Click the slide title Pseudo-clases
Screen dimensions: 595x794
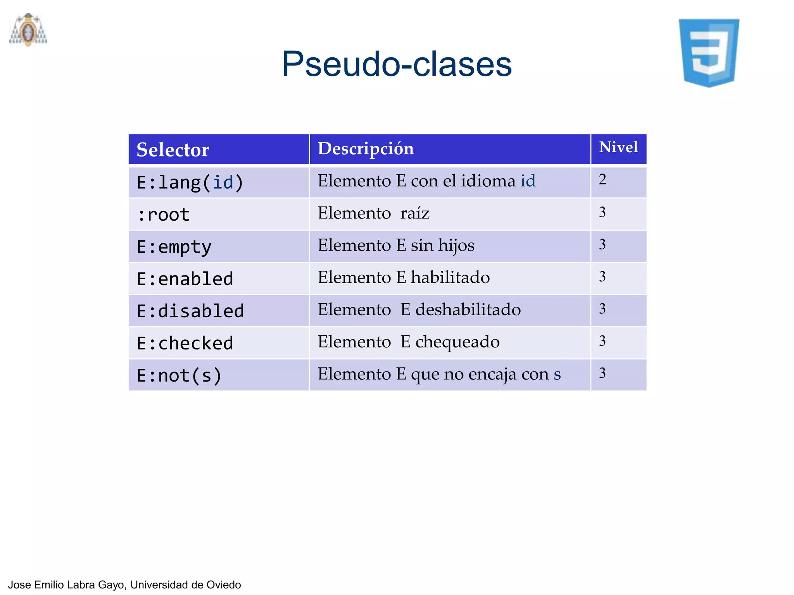pos(397,64)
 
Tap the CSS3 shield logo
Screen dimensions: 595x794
pos(709,53)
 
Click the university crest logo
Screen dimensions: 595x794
pos(28,30)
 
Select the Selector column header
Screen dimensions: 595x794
pos(173,150)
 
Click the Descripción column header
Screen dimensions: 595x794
pos(366,149)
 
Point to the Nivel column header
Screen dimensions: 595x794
pos(618,147)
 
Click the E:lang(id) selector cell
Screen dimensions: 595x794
pos(190,182)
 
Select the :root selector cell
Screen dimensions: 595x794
pos(164,215)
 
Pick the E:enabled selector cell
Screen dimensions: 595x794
pos(185,279)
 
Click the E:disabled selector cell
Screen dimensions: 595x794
pos(190,311)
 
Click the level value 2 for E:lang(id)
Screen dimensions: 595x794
pos(602,179)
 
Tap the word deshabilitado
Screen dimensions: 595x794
pos(468,310)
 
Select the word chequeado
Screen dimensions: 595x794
pos(457,342)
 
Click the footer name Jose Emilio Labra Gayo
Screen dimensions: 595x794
pos(67,585)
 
